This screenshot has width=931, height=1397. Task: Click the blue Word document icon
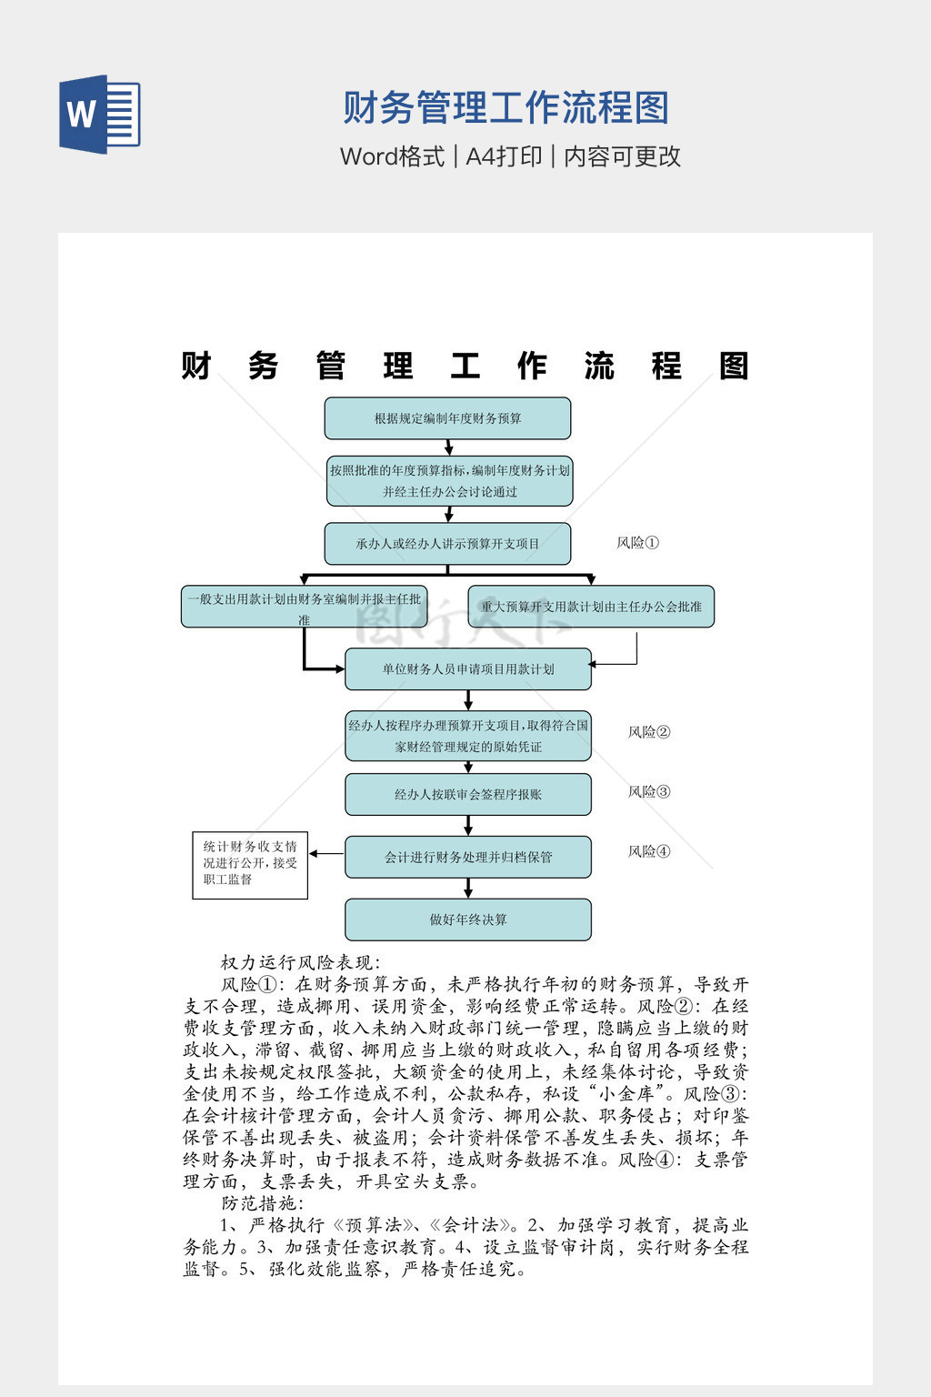pyautogui.click(x=99, y=115)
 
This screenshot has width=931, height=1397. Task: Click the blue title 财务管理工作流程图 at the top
pyautogui.click(x=506, y=108)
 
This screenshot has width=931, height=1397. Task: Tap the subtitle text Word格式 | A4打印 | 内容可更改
pyautogui.click(x=510, y=156)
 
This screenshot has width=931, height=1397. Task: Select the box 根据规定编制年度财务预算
pyautogui.click(x=447, y=418)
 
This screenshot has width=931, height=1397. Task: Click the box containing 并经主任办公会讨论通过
pyautogui.click(x=449, y=481)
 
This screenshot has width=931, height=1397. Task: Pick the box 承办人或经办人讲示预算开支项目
pyautogui.click(x=447, y=544)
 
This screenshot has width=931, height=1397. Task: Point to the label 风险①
pyautogui.click(x=637, y=543)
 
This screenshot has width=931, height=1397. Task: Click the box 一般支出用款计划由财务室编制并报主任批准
pyautogui.click(x=304, y=607)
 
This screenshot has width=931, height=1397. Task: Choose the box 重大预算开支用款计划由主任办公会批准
pyautogui.click(x=591, y=607)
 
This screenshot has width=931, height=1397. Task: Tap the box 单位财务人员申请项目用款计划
pyautogui.click(x=467, y=669)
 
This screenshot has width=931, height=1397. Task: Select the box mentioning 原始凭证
pyautogui.click(x=467, y=736)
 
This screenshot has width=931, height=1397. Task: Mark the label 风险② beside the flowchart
pyautogui.click(x=649, y=732)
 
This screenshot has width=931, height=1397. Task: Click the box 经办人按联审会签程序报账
pyautogui.click(x=467, y=795)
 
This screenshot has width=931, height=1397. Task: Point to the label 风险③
pyautogui.click(x=649, y=792)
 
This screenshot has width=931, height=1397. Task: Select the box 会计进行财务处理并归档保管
pyautogui.click(x=467, y=857)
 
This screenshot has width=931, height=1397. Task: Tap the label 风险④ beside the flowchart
pyautogui.click(x=649, y=852)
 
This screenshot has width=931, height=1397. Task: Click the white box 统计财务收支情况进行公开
pyautogui.click(x=250, y=864)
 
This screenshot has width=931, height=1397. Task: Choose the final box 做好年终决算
pyautogui.click(x=467, y=920)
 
